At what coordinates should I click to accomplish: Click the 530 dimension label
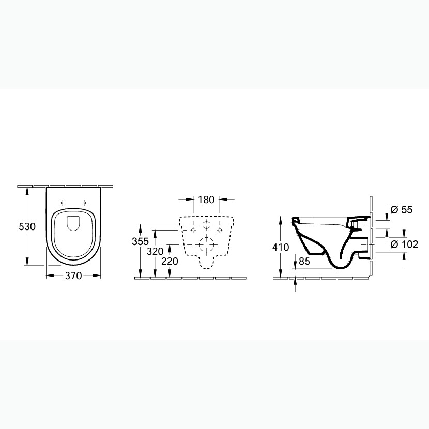pos(27,226)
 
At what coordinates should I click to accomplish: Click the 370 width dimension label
pos(73,275)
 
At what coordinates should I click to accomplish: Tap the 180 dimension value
pos(206,200)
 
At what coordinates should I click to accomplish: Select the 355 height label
pos(140,241)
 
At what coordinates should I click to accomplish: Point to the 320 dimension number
pos(155,251)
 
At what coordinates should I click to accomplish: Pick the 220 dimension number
pos(170,261)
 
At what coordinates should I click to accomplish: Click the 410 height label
pos(281,247)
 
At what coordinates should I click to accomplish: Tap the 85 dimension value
pos(304,261)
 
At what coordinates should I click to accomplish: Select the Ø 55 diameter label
pos(402,209)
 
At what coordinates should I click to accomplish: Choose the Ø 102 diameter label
pos(404,244)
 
